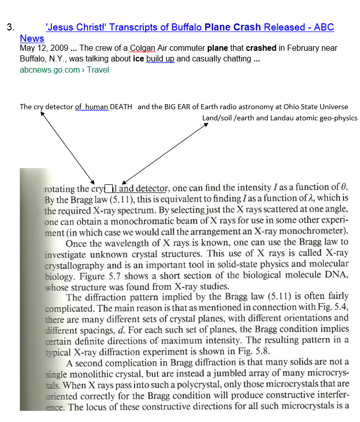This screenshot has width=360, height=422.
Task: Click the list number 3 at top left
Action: click(10, 27)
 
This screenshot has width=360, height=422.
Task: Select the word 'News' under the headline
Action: click(32, 39)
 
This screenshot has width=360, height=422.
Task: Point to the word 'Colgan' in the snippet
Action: click(144, 48)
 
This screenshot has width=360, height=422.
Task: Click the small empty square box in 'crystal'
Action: click(108, 189)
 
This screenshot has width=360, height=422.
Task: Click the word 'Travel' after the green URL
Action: click(98, 70)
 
